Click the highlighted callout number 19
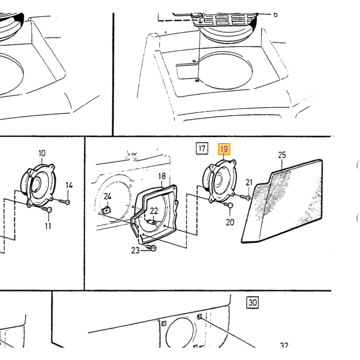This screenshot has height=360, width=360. [x=224, y=149]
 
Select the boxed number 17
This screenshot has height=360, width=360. [x=202, y=148]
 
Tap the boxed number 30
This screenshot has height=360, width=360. [x=253, y=302]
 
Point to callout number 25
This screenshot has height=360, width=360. [x=282, y=155]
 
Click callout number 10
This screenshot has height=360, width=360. [x=42, y=153]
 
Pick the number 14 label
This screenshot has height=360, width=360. [x=69, y=185]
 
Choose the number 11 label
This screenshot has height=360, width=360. [x=48, y=226]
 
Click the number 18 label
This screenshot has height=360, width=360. [x=162, y=176]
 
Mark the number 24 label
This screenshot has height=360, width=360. [x=107, y=196]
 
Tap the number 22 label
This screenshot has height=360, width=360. [x=154, y=211]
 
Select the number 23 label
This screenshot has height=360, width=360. [x=135, y=250]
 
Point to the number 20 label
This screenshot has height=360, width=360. [x=230, y=222]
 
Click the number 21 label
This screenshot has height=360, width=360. [x=249, y=183]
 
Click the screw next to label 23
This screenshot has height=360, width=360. [x=151, y=248]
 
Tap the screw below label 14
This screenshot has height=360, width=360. [x=64, y=202]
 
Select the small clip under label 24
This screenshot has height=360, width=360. [x=106, y=210]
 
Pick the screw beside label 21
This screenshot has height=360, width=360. [x=245, y=197]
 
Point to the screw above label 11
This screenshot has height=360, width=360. [x=47, y=209]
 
